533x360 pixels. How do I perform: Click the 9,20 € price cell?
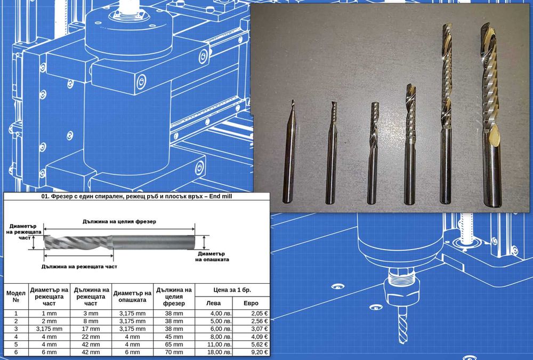point(251,352)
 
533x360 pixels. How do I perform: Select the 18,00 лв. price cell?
point(214,352)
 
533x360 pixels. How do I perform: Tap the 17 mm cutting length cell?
point(91,329)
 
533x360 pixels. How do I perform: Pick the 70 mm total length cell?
point(174,352)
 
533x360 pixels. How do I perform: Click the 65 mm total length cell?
point(174,345)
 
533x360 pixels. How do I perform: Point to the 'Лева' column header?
point(214,303)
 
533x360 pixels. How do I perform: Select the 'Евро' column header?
point(251,303)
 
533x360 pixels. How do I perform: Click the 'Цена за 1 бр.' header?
point(232,290)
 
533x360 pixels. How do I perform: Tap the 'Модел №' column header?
point(16,297)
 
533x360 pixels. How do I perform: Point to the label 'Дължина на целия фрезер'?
point(119,221)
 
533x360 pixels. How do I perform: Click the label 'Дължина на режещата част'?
point(79,267)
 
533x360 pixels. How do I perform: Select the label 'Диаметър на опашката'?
point(212,257)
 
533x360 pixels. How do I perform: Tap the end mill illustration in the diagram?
point(119,242)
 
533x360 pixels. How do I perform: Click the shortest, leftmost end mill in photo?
point(289,152)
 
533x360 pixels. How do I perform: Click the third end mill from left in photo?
point(373,153)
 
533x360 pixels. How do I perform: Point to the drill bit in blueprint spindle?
point(402,324)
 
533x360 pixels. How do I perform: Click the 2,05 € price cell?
point(251,314)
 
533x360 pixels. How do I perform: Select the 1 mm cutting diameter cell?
point(49,314)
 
